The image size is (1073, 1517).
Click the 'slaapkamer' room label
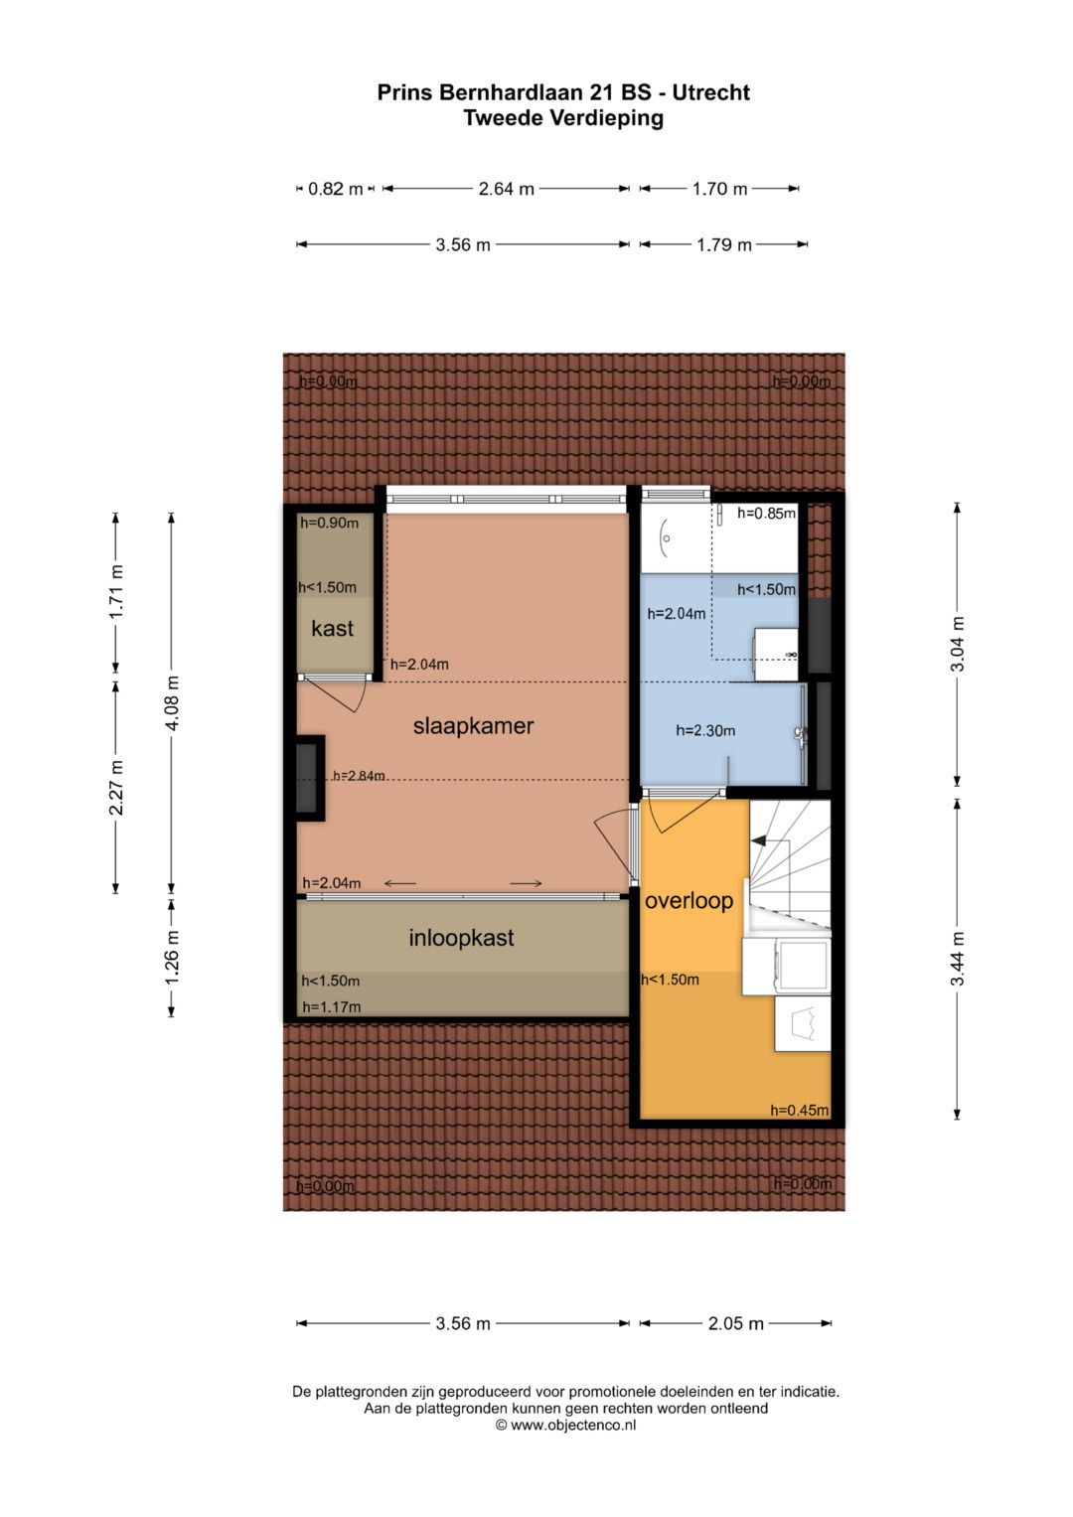coord(473,726)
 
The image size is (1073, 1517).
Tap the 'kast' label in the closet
coord(332,629)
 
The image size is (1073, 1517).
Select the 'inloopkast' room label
coord(461,938)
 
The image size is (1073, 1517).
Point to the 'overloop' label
coord(689,901)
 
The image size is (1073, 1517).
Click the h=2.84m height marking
coord(359,776)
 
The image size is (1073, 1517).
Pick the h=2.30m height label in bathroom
coord(705,730)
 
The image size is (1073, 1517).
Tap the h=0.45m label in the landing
coord(799,1110)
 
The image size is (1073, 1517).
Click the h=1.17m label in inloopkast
coord(331,1006)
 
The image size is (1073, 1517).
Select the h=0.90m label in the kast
coord(329,523)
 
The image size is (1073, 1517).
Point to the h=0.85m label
coord(766,514)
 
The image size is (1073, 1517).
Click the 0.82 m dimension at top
coord(335,189)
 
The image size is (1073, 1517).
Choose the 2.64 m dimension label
coord(506,189)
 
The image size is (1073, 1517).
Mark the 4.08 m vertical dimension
coord(172,702)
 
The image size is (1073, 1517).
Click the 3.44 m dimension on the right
coord(958,959)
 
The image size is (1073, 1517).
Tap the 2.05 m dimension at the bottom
coord(735,1323)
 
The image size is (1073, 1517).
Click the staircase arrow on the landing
coord(759,841)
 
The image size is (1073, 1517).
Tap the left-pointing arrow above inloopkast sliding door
coord(400,883)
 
